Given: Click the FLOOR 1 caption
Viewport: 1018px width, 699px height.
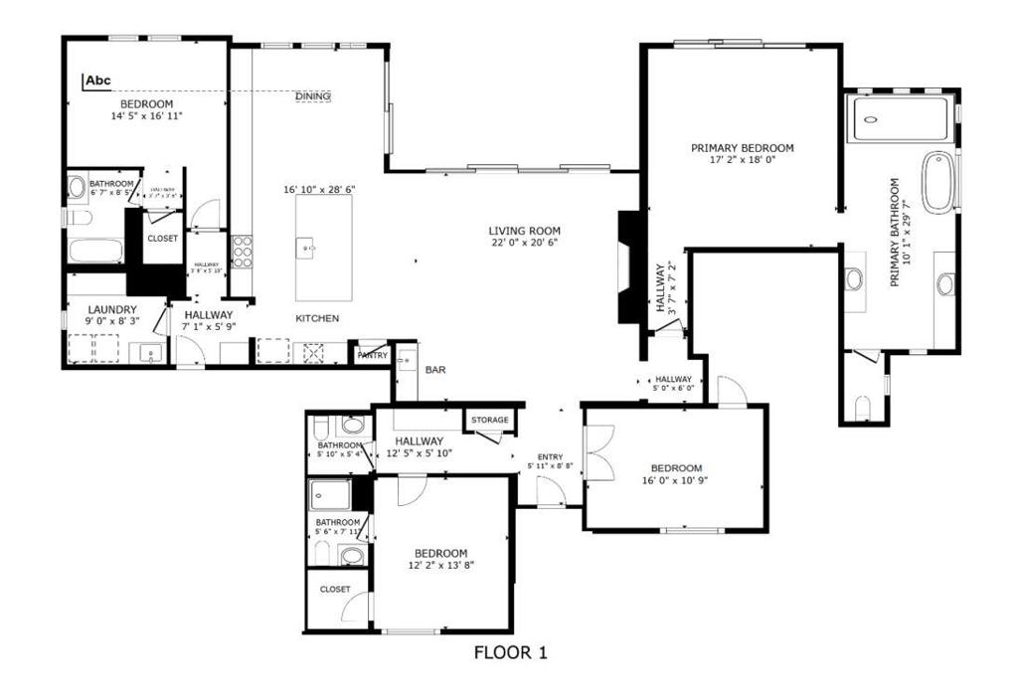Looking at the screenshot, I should click(510, 653).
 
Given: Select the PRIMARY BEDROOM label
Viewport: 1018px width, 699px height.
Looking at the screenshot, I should click(743, 148).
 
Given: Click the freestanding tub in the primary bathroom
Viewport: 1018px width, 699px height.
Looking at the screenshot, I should click(938, 182).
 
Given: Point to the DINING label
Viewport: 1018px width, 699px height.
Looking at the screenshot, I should click(313, 96).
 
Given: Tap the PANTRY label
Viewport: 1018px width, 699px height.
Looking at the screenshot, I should click(372, 355).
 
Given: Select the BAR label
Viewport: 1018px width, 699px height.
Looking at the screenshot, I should click(435, 370).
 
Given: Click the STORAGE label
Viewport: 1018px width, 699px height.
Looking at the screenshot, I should click(490, 421).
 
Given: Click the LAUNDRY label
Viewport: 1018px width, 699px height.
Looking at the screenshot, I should click(111, 310).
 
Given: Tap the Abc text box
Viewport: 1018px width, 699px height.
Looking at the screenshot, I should click(97, 81).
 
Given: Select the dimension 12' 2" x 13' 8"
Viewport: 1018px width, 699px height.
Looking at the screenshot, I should click(440, 565).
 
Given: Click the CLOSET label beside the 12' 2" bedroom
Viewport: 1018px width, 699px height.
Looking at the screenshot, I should click(335, 590).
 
